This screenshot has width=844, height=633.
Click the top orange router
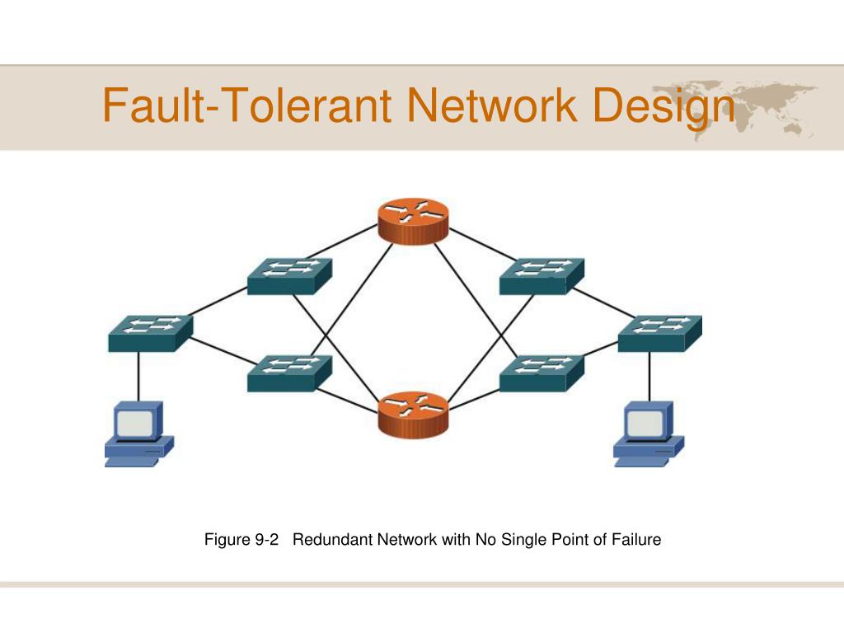[x=413, y=221]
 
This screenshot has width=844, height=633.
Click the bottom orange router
[x=413, y=415]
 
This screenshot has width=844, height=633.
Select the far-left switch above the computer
[x=151, y=334]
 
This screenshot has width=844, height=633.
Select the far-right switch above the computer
[x=660, y=334]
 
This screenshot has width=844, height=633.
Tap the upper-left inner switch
[x=289, y=277]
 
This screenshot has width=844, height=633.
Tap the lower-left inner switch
[x=289, y=373]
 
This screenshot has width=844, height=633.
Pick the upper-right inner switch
[x=542, y=277]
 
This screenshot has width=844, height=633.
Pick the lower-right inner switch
[x=542, y=373]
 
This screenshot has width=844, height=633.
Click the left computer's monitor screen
[x=135, y=424]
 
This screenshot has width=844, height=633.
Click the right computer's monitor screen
[x=645, y=424]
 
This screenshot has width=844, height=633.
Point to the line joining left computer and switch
[x=138, y=377]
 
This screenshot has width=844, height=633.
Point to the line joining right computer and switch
[x=649, y=377]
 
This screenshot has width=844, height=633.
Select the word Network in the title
[x=492, y=105]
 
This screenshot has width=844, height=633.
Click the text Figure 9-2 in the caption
[x=241, y=539]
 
